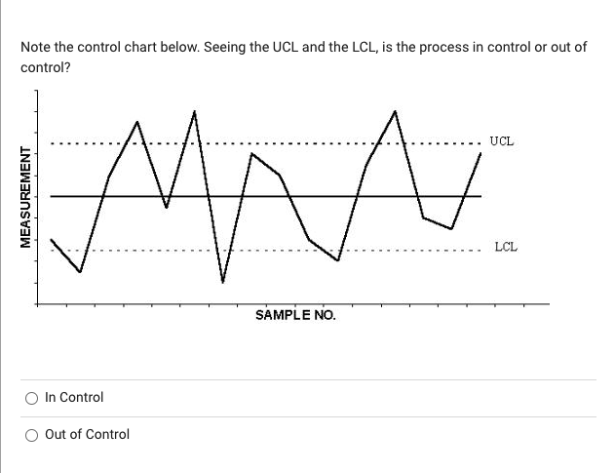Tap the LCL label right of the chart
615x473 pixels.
click(x=505, y=247)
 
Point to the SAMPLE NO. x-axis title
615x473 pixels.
click(x=294, y=315)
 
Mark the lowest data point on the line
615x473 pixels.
click(x=223, y=282)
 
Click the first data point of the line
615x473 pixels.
click(x=52, y=240)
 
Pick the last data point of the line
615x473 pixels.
click(x=480, y=153)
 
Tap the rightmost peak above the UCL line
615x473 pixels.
click(x=395, y=110)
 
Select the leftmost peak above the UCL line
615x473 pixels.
click(x=137, y=122)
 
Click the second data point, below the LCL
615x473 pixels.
click(x=80, y=271)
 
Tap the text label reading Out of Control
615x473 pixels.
click(x=87, y=435)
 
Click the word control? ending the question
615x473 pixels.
click(x=45, y=67)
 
